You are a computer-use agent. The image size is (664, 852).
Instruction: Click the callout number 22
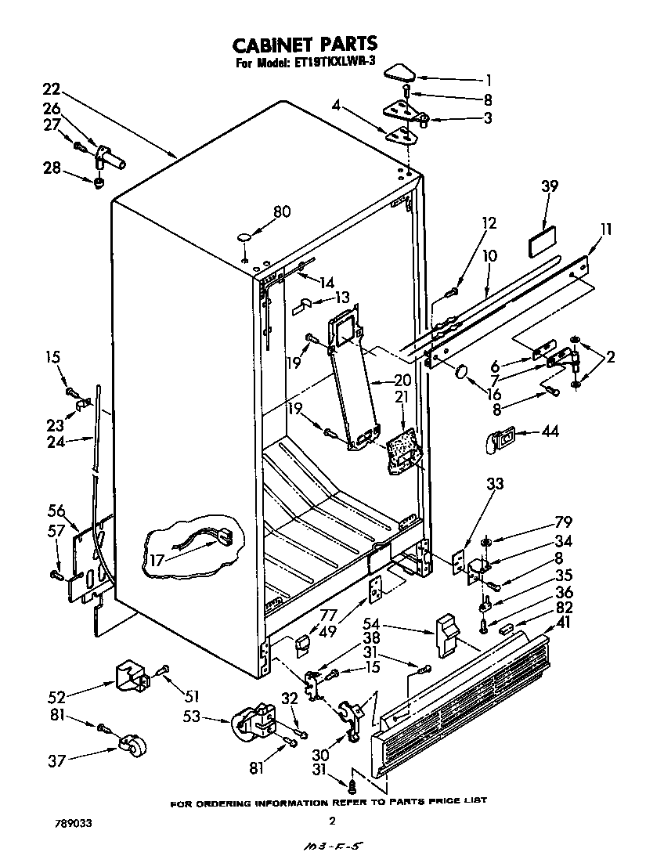point(52,88)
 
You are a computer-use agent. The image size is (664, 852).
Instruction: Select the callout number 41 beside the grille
point(562,623)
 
